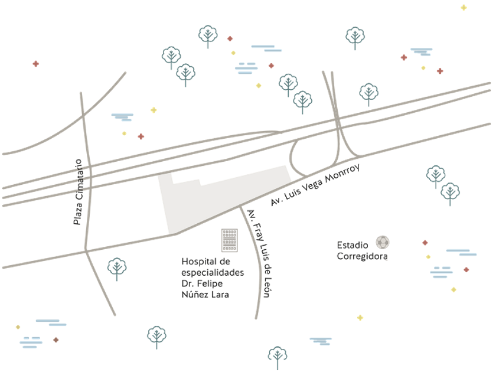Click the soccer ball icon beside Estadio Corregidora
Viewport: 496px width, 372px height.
click(x=383, y=242)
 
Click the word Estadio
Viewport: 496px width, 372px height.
click(x=353, y=244)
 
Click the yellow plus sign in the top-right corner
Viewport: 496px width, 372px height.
click(x=464, y=8)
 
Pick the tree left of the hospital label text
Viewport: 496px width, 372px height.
click(x=117, y=268)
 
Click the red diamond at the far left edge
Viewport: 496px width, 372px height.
click(x=35, y=64)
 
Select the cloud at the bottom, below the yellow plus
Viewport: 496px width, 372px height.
click(x=321, y=340)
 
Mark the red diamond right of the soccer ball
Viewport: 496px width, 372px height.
click(x=425, y=243)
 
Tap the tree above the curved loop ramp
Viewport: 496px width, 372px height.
click(x=302, y=102)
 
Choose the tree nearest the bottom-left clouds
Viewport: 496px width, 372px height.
click(x=157, y=336)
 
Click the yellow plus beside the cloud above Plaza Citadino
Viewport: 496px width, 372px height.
click(x=154, y=110)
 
